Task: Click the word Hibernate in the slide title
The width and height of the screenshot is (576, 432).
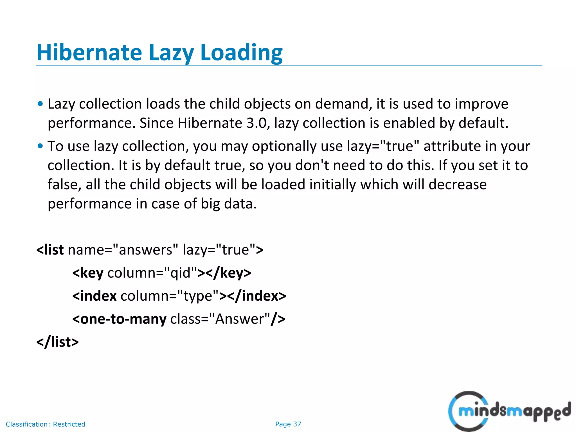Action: (x=89, y=53)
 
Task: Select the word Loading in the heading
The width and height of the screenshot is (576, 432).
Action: (x=241, y=53)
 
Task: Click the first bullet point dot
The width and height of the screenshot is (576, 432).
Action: (x=40, y=104)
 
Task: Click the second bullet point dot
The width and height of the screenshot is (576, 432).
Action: (x=40, y=146)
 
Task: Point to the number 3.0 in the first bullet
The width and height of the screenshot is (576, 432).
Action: (x=256, y=123)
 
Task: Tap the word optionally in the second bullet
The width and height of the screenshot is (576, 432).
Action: (x=284, y=146)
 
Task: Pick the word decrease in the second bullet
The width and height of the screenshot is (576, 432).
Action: (x=458, y=184)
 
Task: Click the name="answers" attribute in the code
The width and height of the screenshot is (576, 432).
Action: (x=123, y=250)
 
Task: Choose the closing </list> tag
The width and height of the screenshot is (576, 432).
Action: (x=58, y=342)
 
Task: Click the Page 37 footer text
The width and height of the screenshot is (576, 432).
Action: (x=288, y=424)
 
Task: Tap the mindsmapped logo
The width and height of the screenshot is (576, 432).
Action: (x=509, y=411)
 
